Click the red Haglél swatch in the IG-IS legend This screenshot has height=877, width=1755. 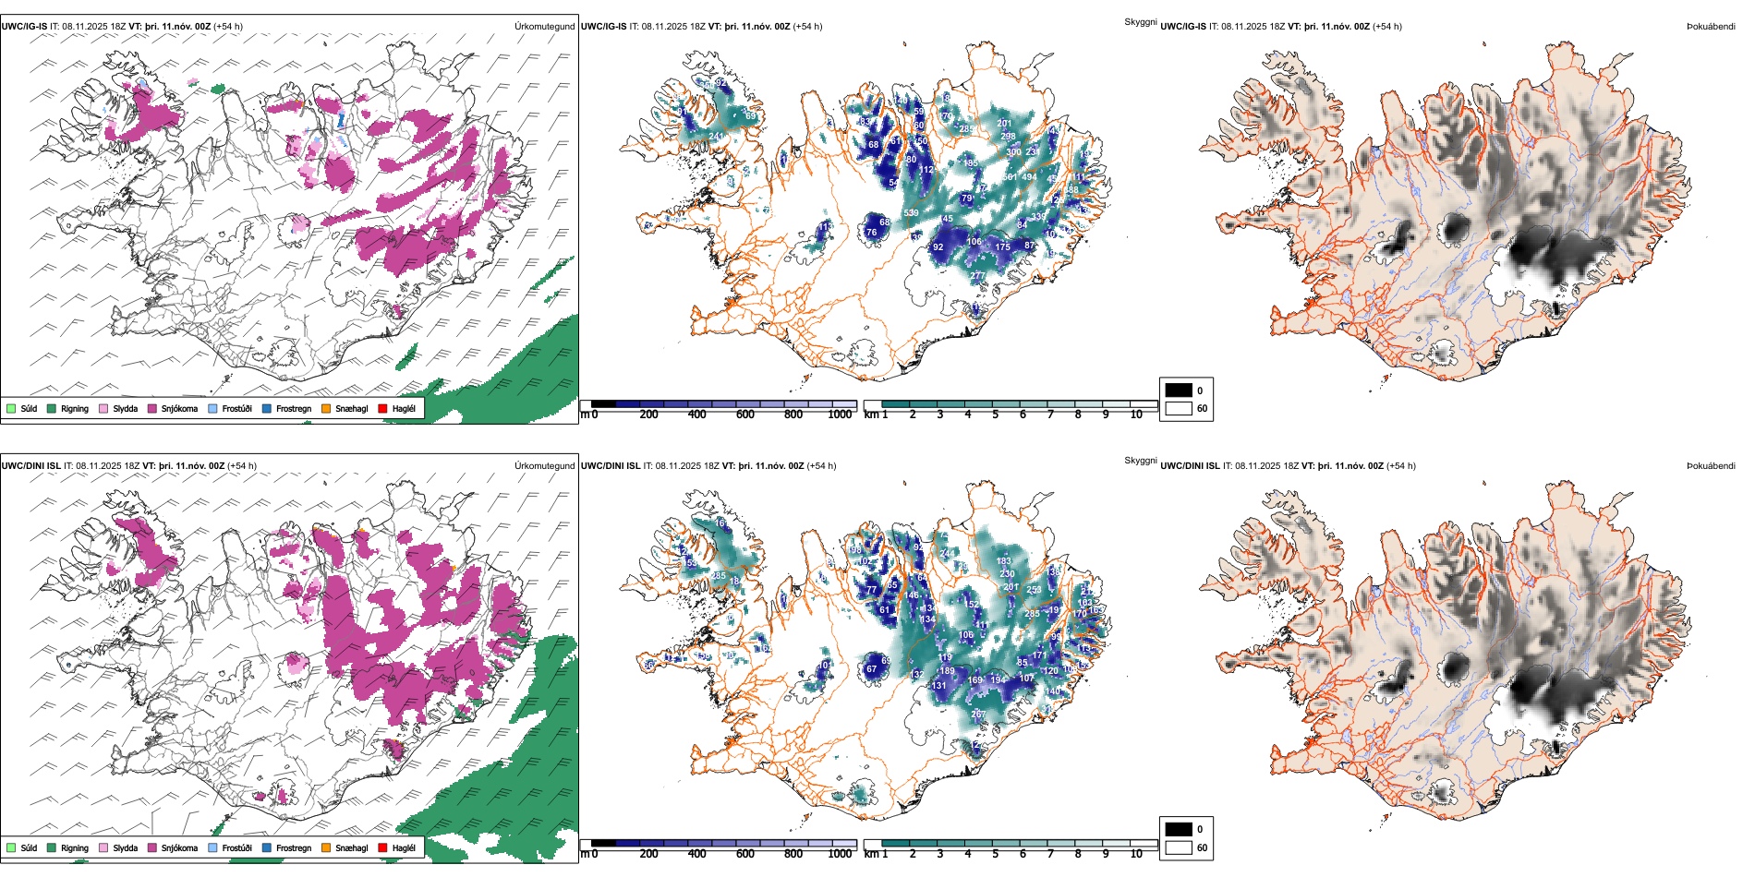(382, 408)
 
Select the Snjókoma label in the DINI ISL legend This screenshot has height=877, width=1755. (179, 847)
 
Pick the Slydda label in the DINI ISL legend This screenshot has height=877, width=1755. (126, 847)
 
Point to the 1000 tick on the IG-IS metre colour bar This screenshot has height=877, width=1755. (840, 414)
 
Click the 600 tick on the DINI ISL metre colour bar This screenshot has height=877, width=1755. (745, 854)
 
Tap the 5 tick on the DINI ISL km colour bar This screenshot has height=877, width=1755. (996, 854)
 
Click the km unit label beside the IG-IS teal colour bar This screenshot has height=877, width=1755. (871, 414)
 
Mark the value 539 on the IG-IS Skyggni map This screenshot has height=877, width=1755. (911, 213)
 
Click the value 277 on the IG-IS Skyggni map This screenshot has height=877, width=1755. (977, 276)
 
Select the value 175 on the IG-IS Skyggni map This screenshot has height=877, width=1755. (1003, 246)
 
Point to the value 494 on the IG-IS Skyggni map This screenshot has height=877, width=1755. (1029, 177)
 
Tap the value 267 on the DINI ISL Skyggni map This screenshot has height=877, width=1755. (977, 715)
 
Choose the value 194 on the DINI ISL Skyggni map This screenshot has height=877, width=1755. (998, 679)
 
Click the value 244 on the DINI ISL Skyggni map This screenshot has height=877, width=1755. (946, 553)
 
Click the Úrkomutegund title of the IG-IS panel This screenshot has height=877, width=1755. (544, 27)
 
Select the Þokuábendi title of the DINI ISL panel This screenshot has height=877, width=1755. (1711, 466)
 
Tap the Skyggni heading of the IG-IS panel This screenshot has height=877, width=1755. (1140, 21)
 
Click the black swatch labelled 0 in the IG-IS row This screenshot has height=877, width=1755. (1179, 390)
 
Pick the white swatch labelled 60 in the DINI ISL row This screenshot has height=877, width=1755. (1179, 847)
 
